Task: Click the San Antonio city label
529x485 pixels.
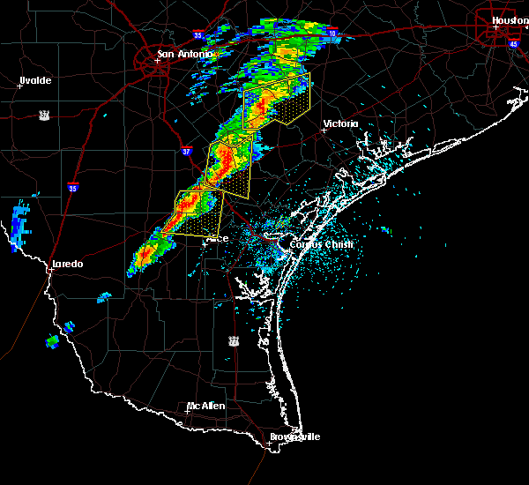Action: tap(185, 54)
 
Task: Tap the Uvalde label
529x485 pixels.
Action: tap(35, 80)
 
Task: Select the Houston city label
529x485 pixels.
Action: tap(510, 19)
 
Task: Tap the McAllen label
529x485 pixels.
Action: tap(206, 407)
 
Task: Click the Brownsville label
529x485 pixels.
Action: tap(295, 436)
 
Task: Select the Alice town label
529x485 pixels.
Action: tap(217, 238)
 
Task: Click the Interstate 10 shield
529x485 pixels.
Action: tap(332, 33)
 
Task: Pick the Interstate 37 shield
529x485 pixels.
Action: tap(186, 151)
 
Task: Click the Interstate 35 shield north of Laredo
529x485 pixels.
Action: tap(73, 187)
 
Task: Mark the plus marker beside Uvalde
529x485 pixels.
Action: tap(19, 86)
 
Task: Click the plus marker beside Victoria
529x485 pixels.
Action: tap(324, 129)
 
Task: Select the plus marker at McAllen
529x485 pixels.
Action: tap(188, 411)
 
